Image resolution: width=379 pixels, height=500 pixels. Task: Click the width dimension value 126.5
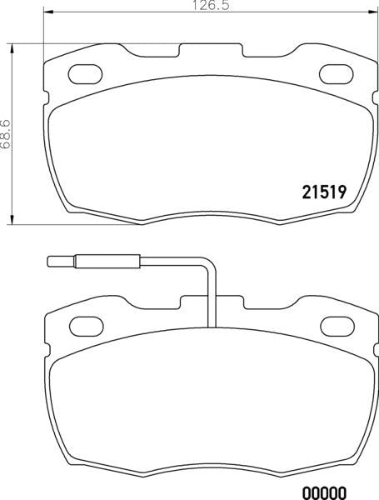click(191, 6)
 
